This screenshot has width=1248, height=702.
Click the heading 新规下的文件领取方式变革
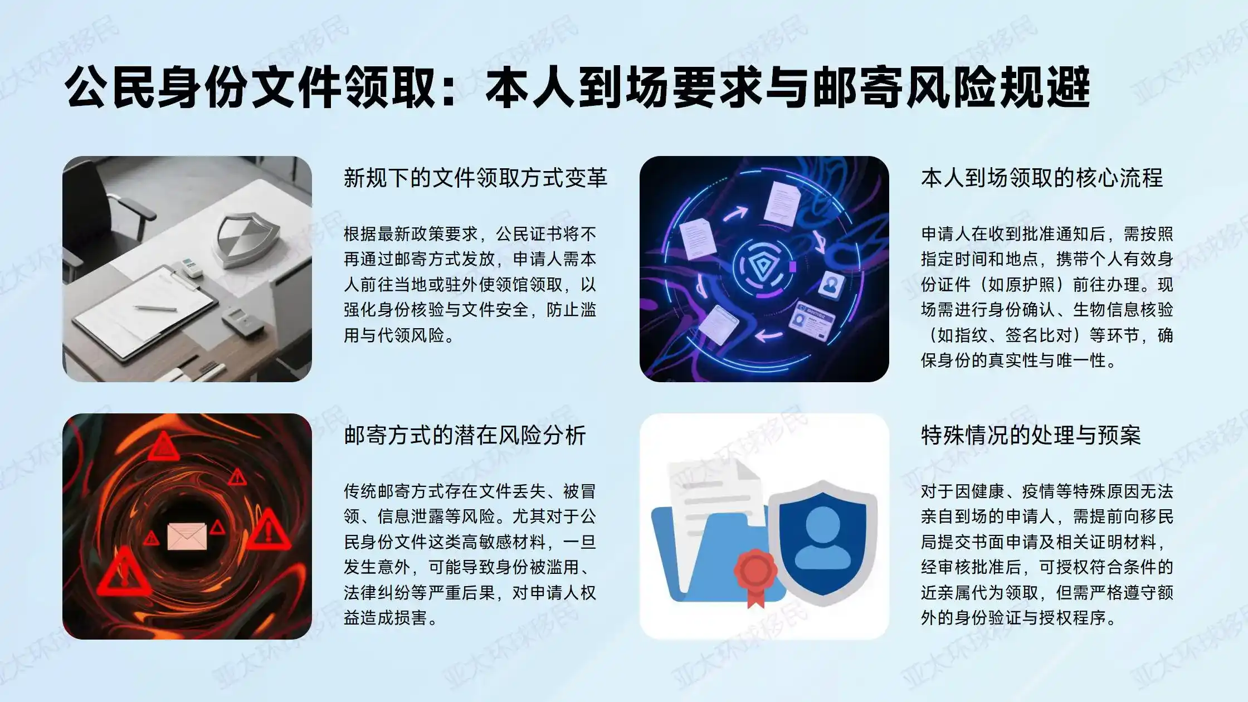[x=475, y=178]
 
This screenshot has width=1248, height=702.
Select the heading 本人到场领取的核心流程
[x=1042, y=178]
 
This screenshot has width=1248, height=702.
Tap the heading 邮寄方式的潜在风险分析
[x=465, y=435]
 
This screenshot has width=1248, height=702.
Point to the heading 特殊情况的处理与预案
[x=1031, y=435]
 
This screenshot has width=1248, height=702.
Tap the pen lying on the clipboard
[x=156, y=308]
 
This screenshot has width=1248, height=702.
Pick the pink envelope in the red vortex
[x=187, y=537]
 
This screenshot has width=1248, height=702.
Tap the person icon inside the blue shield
[x=822, y=538]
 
